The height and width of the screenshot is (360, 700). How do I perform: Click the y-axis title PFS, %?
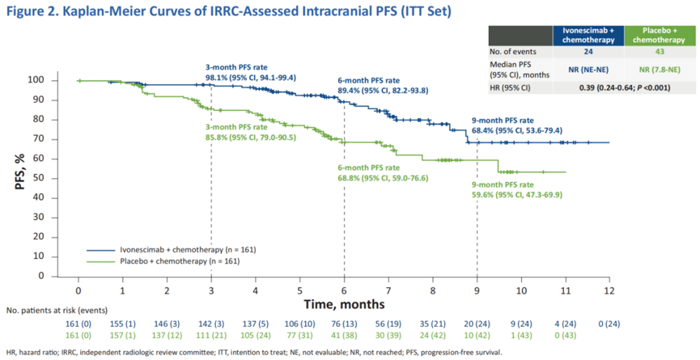20,178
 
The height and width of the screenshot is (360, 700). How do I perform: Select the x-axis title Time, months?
344,304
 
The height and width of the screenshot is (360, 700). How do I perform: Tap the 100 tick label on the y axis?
55,80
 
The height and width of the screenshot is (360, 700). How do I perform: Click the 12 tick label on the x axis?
609,290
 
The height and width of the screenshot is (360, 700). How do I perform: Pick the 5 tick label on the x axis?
299,290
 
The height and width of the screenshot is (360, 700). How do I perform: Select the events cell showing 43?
659,51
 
